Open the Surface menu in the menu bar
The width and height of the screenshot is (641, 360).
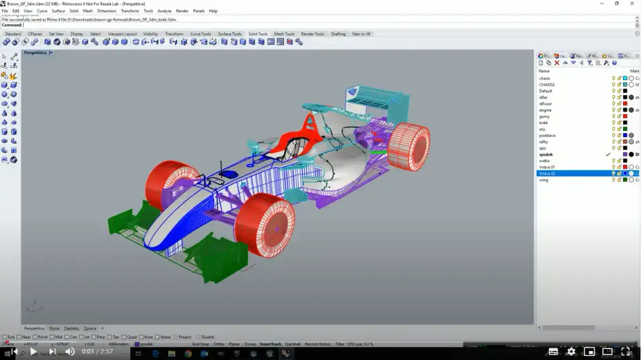point(59,11)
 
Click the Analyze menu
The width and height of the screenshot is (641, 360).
point(164,11)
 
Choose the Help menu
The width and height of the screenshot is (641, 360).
point(213,11)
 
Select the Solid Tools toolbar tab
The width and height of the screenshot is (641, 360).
point(258,34)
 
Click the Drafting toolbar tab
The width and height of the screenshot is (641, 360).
point(338,34)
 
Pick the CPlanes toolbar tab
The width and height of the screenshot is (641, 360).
point(35,34)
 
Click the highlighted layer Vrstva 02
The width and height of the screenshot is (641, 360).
point(547,173)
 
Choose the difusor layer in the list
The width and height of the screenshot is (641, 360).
point(546,104)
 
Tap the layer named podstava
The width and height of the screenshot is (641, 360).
point(547,135)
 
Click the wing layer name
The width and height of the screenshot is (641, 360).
point(544,179)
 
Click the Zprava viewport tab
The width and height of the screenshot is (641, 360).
point(90,328)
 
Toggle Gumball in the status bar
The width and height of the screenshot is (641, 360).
point(292,344)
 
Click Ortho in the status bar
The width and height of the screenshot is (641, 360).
point(218,344)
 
